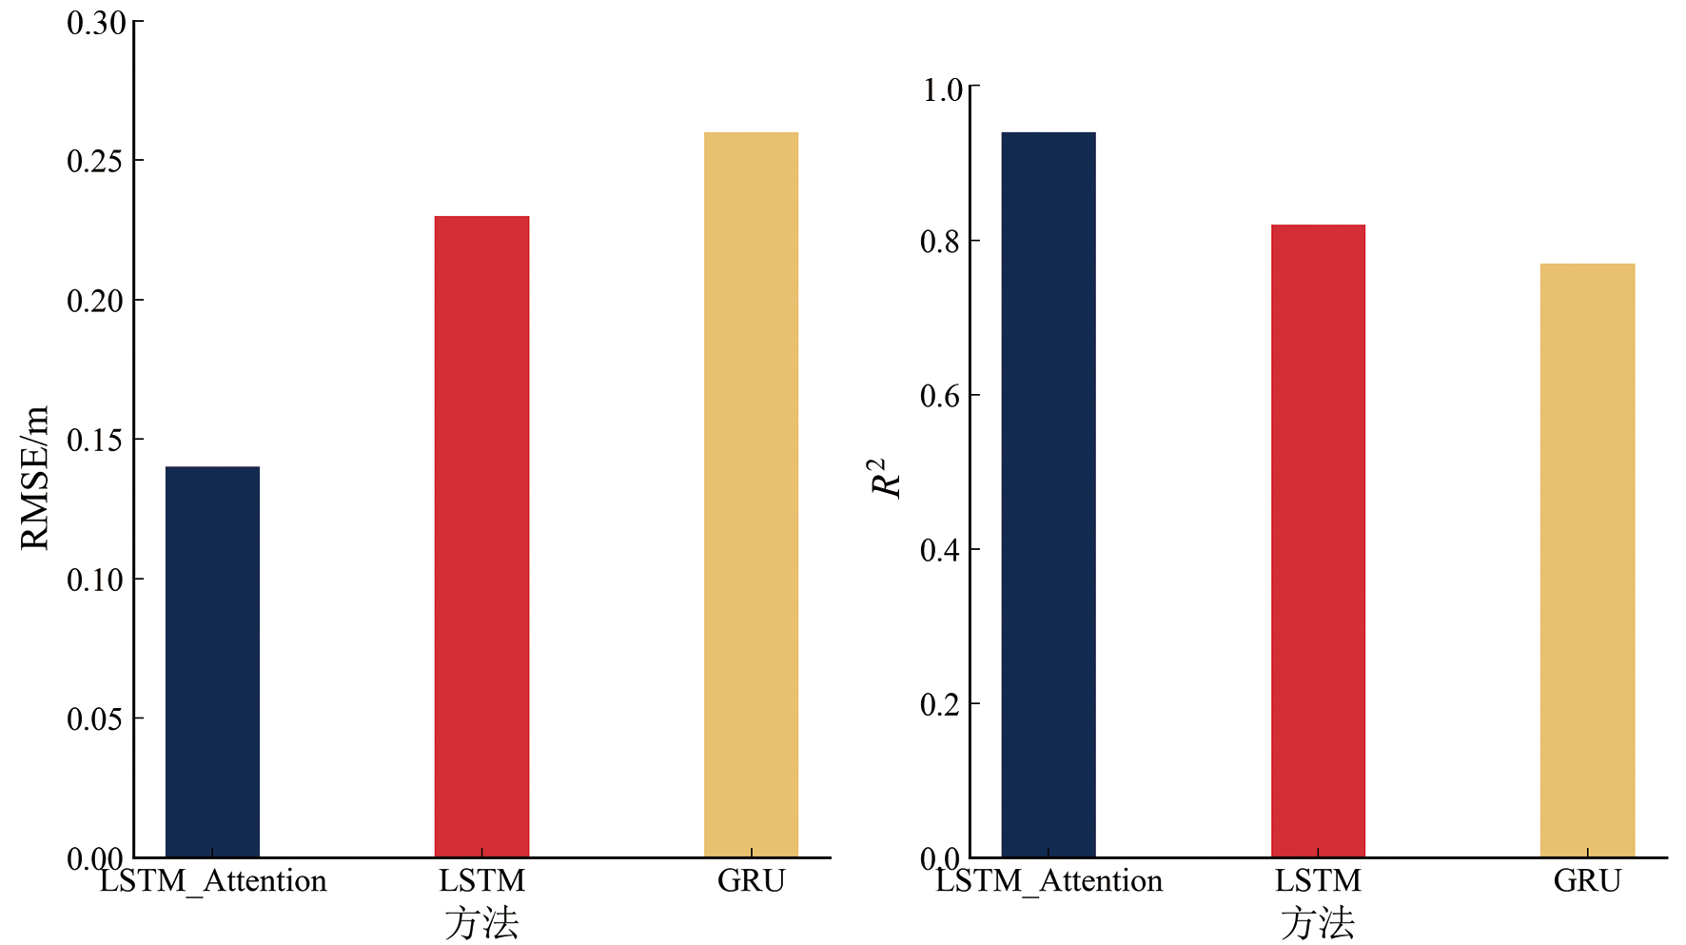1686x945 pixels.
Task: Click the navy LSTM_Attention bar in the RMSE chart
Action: point(212,661)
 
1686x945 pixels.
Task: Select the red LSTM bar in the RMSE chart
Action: point(481,536)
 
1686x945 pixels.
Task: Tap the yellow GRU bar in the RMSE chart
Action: point(751,494)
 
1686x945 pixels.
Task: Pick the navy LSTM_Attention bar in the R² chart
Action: point(1048,494)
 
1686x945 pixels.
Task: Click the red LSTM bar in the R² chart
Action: point(1318,541)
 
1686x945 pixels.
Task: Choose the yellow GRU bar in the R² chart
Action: point(1587,560)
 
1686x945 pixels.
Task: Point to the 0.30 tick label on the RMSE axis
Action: point(96,23)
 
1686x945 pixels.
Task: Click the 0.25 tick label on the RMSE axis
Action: point(96,162)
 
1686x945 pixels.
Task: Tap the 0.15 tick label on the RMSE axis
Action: point(96,441)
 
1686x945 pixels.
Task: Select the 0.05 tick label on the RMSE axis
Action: point(96,719)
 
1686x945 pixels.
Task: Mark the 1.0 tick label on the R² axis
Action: point(943,90)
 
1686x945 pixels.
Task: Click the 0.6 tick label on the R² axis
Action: point(940,397)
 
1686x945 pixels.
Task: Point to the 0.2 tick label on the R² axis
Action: point(940,705)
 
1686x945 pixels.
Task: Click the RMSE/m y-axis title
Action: point(34,478)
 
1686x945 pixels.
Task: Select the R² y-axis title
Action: point(885,478)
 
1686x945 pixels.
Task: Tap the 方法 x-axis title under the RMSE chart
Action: point(481,923)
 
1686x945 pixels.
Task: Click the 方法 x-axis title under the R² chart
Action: point(1318,923)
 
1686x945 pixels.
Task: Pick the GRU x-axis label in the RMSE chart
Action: point(751,881)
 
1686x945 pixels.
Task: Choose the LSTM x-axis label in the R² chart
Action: point(1318,881)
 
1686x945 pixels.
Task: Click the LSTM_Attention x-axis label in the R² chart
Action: point(1049,881)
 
